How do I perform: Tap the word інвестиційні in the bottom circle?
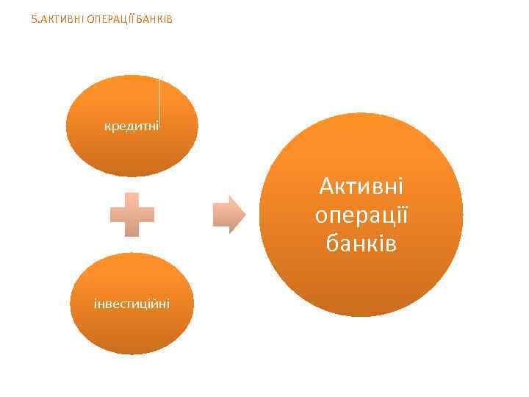pos(132,302)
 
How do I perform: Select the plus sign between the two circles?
pos(132,215)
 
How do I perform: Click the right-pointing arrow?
pos(228,215)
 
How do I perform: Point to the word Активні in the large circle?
pos(361,187)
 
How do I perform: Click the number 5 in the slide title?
pos(35,18)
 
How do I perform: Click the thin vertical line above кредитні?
pos(159,99)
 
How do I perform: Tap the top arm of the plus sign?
pos(132,199)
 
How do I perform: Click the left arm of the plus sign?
pos(117,215)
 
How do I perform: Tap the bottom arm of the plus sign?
pos(132,229)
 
